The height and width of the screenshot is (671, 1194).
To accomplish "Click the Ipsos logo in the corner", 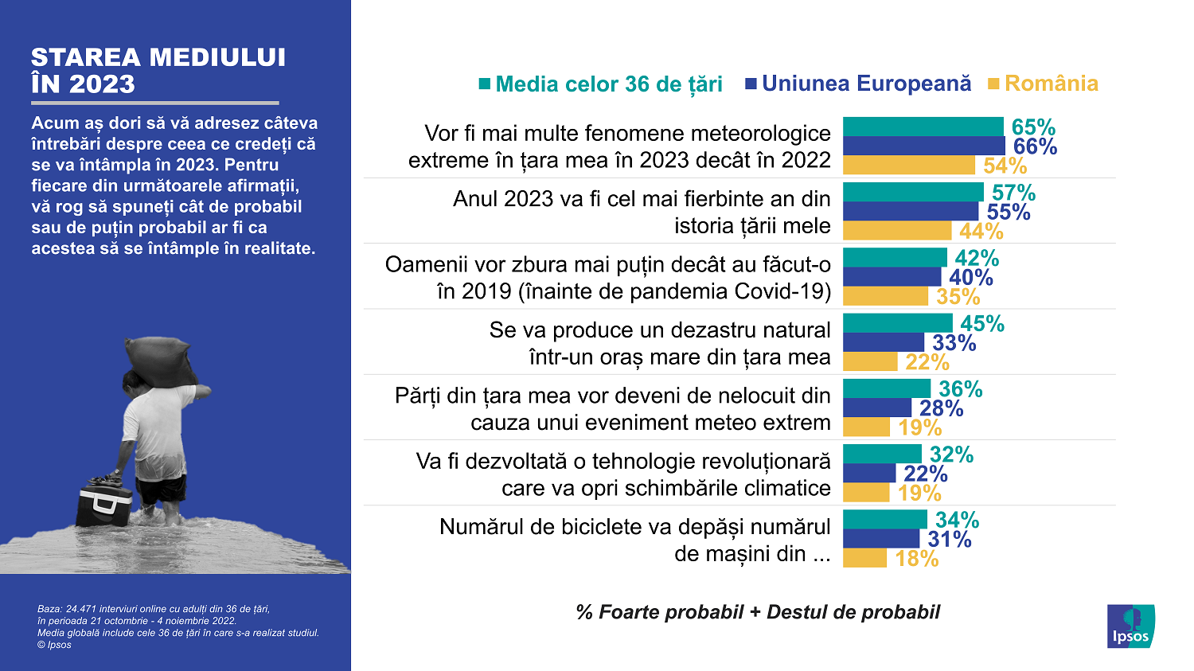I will coord(1130,626).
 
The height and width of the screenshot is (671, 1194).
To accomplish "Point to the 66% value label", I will coord(1035,146).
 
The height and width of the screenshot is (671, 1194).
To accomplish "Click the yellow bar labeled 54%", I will coord(908,166).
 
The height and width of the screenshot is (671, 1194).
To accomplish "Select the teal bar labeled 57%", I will coord(913,192).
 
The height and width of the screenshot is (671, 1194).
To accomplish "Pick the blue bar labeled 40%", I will coord(892,277).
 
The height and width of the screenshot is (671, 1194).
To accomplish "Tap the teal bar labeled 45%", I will coord(897,323).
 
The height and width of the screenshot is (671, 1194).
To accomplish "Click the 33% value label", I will coord(954,343).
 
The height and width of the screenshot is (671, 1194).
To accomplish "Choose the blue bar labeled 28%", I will coord(876,408).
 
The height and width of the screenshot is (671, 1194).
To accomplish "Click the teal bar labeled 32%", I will coord(882,454).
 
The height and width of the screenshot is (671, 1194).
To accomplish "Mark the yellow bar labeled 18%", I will coord(864,558).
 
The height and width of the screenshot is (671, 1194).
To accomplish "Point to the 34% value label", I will coord(957,521).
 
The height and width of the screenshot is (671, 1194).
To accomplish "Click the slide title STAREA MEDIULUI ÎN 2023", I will coord(158,71).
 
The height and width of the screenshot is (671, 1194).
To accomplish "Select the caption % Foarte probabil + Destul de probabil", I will coord(757,612).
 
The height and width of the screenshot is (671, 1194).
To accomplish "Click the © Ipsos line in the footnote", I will coord(54,645).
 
